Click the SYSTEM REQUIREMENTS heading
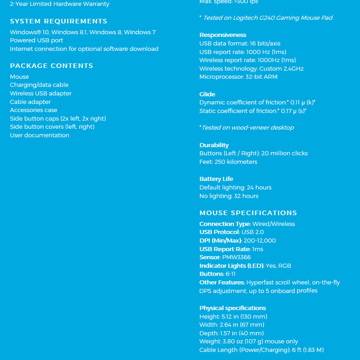point(58,21)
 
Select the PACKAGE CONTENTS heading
point(51,66)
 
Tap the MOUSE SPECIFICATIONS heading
point(248,213)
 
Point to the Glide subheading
point(207,94)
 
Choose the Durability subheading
point(214,145)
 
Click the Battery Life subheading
point(216,179)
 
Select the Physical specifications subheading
point(233,308)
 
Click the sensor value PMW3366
point(236,257)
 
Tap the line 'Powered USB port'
point(36,40)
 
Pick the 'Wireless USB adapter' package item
point(40,94)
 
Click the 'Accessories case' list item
point(33,110)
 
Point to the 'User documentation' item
point(40,135)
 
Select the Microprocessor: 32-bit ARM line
point(238,77)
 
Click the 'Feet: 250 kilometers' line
point(228,162)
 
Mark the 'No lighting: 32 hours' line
point(229,196)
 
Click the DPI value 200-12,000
point(260,241)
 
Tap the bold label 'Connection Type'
point(225,224)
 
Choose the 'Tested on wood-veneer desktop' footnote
point(247,128)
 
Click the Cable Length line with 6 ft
point(261,350)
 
